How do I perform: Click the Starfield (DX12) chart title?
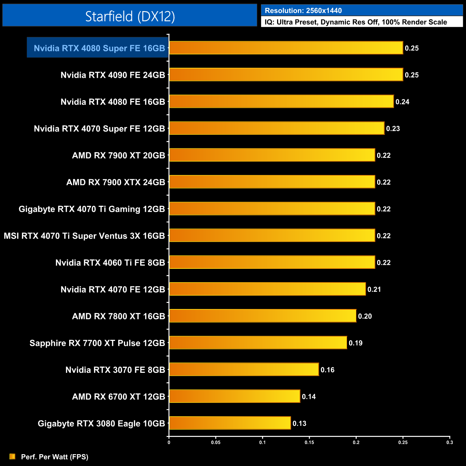coord(130,16)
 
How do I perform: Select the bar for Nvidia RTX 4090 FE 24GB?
coord(286,75)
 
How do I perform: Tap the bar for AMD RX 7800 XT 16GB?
coord(262,316)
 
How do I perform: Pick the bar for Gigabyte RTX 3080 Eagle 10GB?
coord(229,423)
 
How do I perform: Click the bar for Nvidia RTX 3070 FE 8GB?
coord(244,369)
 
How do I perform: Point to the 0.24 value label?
coord(402,102)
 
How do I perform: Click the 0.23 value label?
coord(393,129)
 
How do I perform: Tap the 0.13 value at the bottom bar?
coord(299,423)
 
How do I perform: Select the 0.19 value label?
coord(356,343)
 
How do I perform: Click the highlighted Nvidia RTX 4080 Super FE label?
coord(99,48)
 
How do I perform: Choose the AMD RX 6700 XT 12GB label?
coord(118,396)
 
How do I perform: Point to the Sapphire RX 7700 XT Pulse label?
coord(97,343)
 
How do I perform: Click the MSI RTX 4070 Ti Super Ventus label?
coord(84,236)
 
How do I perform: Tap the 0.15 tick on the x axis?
coord(309,442)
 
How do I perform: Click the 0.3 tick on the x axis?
coord(450,442)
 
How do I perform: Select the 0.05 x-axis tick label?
coord(216,442)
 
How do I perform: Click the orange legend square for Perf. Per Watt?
coord(13,456)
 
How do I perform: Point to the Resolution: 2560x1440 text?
coord(303,11)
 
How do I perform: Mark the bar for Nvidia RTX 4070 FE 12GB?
coord(267,289)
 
